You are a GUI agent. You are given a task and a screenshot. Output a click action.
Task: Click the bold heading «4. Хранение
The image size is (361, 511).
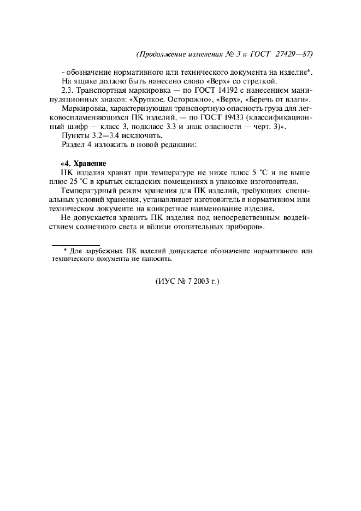[x=83, y=163]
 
